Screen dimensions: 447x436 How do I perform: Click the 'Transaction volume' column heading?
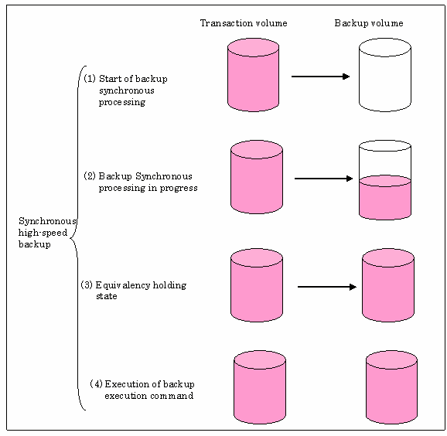pyautogui.click(x=244, y=22)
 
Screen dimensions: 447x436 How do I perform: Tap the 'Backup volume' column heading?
pyautogui.click(x=369, y=22)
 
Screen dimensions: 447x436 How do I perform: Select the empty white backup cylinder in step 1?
pyautogui.click(x=385, y=75)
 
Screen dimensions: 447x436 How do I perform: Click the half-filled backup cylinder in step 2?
pyautogui.click(x=385, y=180)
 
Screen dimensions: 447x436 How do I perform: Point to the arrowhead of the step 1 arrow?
pyautogui.click(x=346, y=77)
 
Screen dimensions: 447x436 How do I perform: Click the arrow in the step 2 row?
pyautogui.click(x=323, y=179)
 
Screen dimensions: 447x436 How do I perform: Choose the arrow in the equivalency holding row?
pyautogui.click(x=327, y=287)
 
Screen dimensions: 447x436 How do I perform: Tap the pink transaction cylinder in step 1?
pyautogui.click(x=253, y=75)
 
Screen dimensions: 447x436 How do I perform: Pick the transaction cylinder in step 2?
pyautogui.click(x=257, y=177)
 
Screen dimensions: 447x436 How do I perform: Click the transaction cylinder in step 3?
pyautogui.click(x=257, y=285)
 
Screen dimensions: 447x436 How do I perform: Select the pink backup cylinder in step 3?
pyautogui.click(x=388, y=285)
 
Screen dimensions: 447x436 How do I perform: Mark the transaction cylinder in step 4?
pyautogui.click(x=260, y=387)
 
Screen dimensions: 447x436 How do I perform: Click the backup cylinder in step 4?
pyautogui.click(x=391, y=387)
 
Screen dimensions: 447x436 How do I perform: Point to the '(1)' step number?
pyautogui.click(x=90, y=78)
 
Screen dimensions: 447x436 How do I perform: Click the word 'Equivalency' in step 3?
pyautogui.click(x=123, y=285)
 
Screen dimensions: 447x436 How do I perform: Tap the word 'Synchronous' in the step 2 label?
pyautogui.click(x=164, y=176)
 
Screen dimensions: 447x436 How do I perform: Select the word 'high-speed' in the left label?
pyautogui.click(x=43, y=233)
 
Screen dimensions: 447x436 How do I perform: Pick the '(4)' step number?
pyautogui.click(x=96, y=384)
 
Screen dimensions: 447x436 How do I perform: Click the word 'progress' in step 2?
pyautogui.click(x=179, y=189)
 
